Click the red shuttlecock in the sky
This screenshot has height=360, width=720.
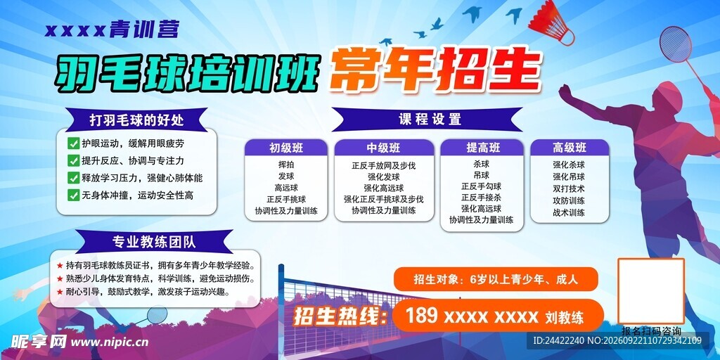(x=552, y=22)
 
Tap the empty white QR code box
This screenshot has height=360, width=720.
(x=650, y=291)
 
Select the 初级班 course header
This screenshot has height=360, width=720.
(x=286, y=148)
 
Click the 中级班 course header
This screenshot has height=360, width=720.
(x=383, y=148)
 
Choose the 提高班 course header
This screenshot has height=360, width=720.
(x=482, y=148)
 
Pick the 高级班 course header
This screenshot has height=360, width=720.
(x=570, y=148)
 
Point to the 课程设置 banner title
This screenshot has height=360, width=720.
(x=430, y=120)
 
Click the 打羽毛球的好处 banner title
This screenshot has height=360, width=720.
(x=136, y=120)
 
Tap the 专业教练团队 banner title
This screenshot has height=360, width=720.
(x=154, y=242)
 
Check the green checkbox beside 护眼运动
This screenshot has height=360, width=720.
(x=73, y=143)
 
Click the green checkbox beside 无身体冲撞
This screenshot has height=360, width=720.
(x=73, y=195)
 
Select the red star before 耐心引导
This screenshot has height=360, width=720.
(x=60, y=292)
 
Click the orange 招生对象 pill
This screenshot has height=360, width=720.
(x=496, y=279)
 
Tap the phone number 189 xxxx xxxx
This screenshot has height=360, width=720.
(x=472, y=316)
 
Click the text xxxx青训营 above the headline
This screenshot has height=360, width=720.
(x=112, y=30)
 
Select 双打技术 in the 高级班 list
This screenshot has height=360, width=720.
(x=569, y=188)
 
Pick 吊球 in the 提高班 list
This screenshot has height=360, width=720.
(x=482, y=175)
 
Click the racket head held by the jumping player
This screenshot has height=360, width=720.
(x=675, y=44)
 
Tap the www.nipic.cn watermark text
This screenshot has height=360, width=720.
(x=108, y=342)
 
